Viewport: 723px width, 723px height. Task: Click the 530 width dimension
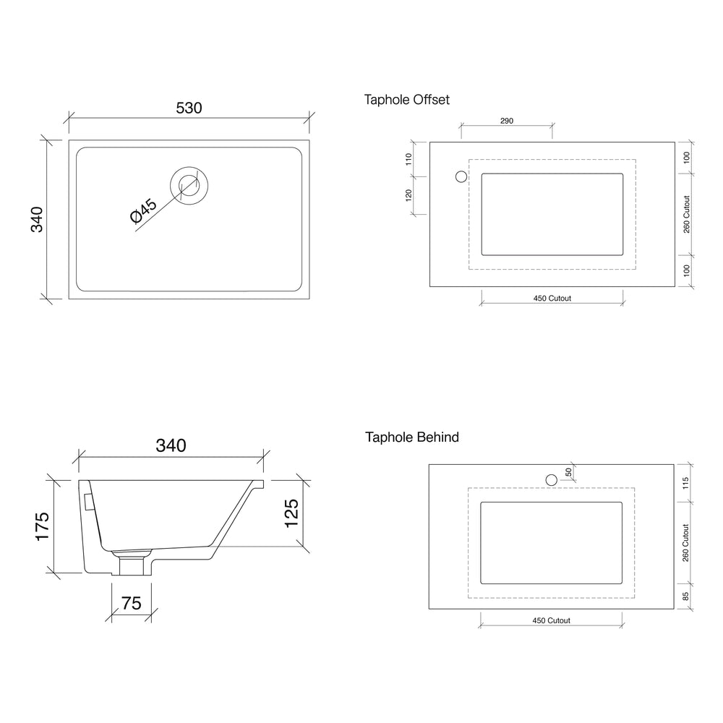(189, 108)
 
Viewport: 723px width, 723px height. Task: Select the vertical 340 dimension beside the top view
(37, 219)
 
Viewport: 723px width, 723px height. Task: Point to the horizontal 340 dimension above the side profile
(171, 445)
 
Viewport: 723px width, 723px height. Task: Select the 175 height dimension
(41, 527)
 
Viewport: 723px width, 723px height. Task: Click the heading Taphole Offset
(407, 100)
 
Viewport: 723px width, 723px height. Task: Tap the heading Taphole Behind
(411, 437)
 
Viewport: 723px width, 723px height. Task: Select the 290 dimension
(506, 121)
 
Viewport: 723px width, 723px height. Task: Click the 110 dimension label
(408, 159)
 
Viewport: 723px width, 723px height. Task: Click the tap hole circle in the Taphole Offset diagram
(460, 176)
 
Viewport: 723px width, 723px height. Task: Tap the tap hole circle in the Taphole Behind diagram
(551, 479)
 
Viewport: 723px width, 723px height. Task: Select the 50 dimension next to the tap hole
(569, 471)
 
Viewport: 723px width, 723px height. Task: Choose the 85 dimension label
(686, 597)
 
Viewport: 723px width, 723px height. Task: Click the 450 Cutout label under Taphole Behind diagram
(551, 620)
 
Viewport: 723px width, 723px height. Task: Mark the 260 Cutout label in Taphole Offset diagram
(686, 214)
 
